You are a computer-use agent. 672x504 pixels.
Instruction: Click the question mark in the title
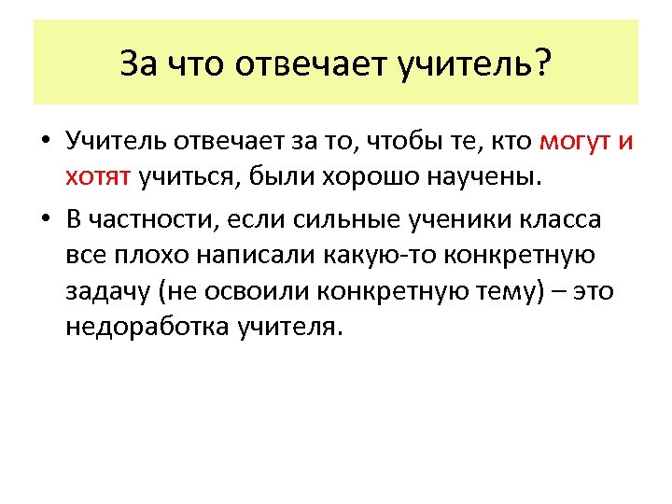(541, 63)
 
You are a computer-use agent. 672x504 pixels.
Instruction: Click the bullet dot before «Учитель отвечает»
(45, 143)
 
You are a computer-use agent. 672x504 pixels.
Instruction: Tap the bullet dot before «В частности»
(45, 219)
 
